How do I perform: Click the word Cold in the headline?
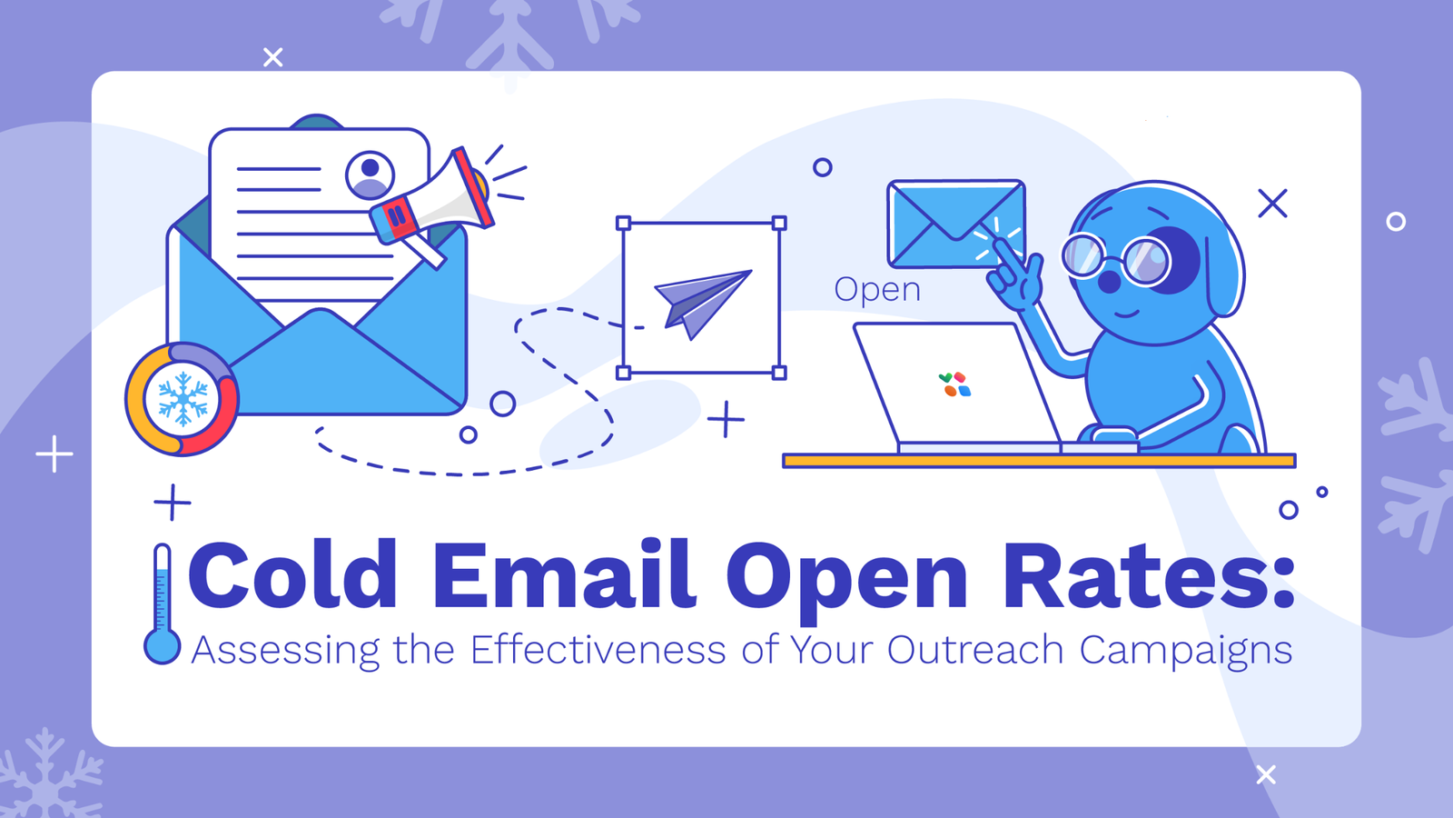point(292,576)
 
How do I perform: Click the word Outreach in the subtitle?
point(974,651)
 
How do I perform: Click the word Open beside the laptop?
point(877,290)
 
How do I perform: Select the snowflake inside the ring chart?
point(183,399)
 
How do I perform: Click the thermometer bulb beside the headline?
point(163,646)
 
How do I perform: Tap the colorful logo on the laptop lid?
point(954,384)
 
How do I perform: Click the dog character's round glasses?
point(1117,259)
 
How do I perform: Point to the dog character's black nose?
point(1109,281)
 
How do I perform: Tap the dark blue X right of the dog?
point(1272,204)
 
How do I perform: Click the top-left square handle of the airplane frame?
point(623,223)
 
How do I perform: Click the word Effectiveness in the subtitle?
point(598,651)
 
